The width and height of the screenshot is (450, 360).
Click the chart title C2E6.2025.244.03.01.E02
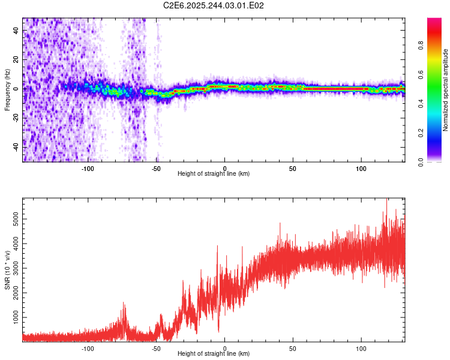[x=214, y=5]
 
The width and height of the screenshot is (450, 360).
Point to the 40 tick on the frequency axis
[x=17, y=31]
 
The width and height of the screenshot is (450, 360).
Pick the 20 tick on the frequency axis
[x=17, y=60]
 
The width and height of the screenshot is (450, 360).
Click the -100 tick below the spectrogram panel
[x=88, y=168]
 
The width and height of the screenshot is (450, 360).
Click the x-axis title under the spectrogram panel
[x=214, y=174]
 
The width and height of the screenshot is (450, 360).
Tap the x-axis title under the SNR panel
[x=214, y=354]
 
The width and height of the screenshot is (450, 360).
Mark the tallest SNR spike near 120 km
[x=387, y=199]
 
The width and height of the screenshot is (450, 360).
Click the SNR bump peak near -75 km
[x=124, y=303]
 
